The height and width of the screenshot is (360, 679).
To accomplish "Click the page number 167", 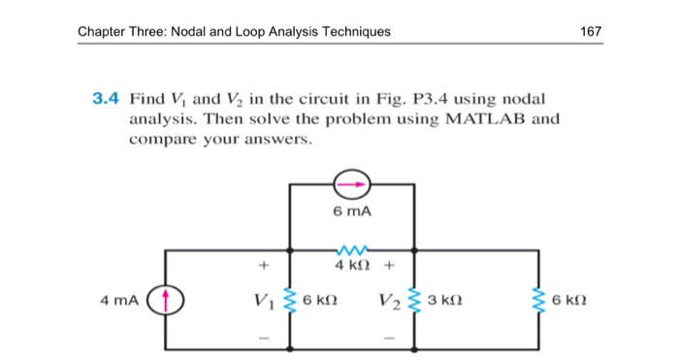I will tap(591, 31).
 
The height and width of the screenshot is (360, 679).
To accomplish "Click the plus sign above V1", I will tap(261, 263).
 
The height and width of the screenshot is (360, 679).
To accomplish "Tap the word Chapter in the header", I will tap(104, 31).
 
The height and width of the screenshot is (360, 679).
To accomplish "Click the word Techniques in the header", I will tap(356, 31).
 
